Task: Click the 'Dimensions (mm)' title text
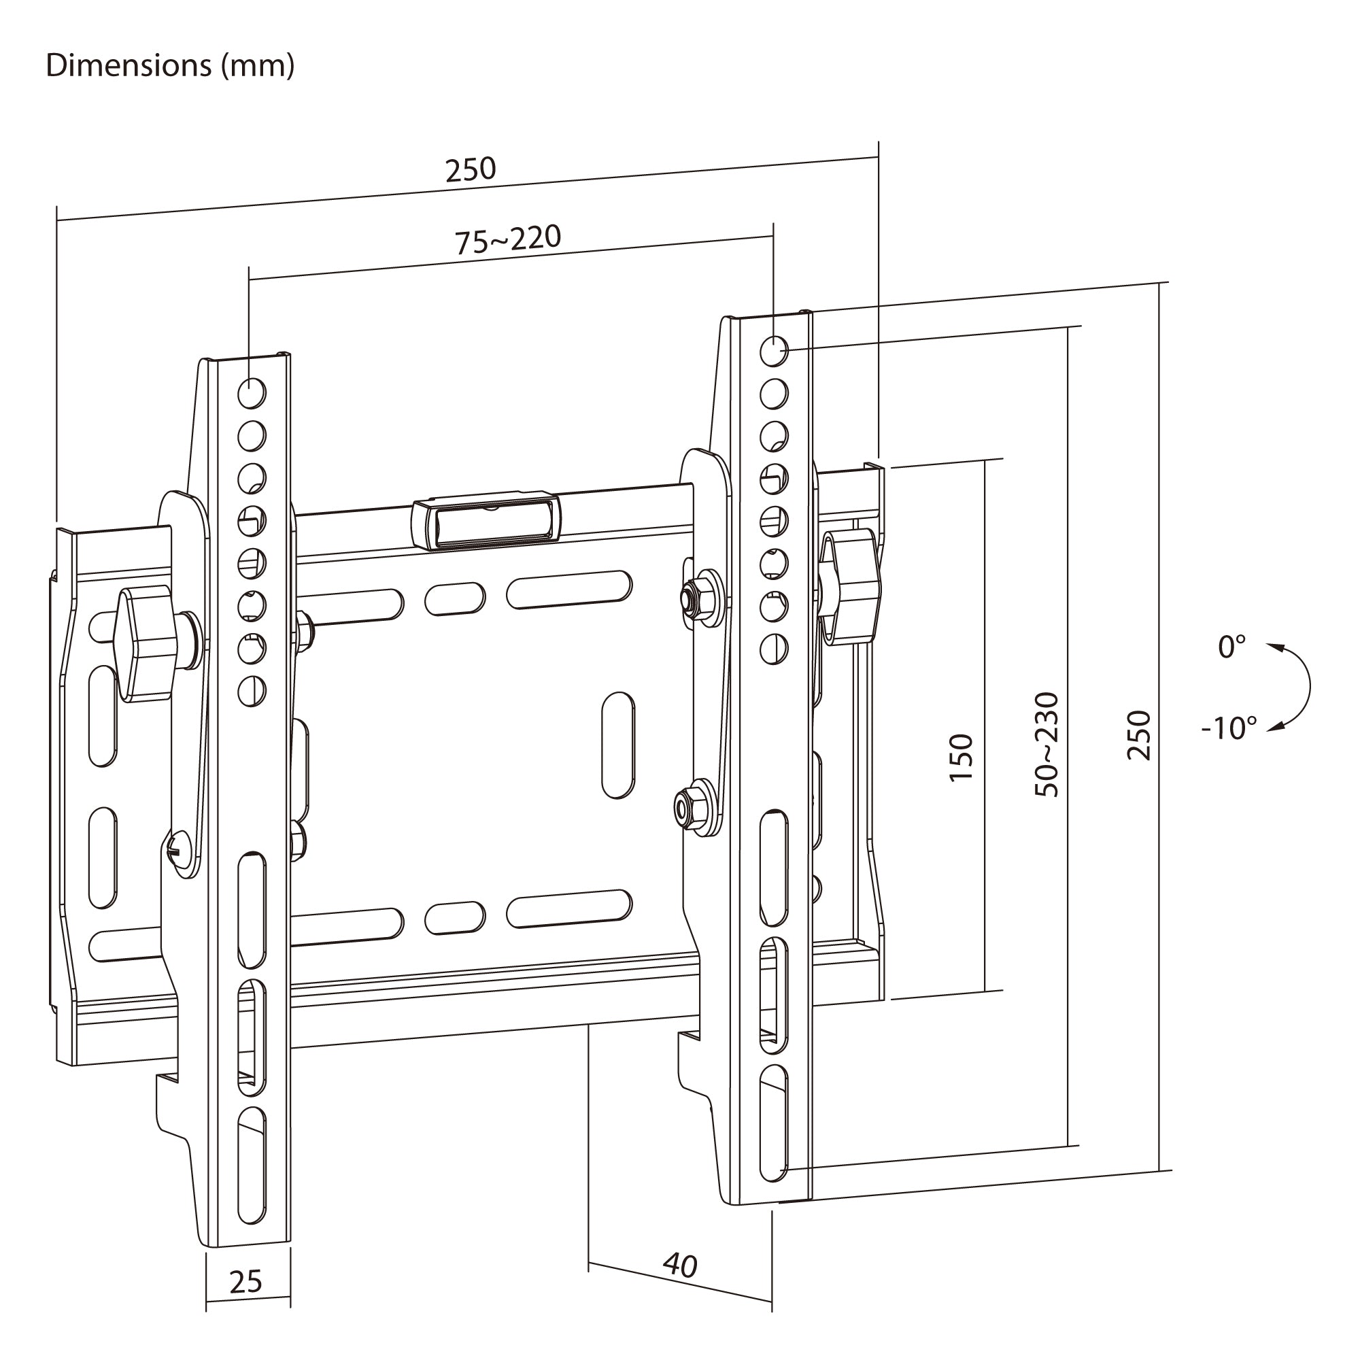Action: (x=169, y=66)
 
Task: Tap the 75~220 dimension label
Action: (x=507, y=239)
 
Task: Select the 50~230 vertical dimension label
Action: (x=1047, y=745)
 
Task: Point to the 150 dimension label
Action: (x=961, y=757)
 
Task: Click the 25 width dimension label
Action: (x=245, y=1281)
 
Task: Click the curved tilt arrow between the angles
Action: (x=1309, y=687)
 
